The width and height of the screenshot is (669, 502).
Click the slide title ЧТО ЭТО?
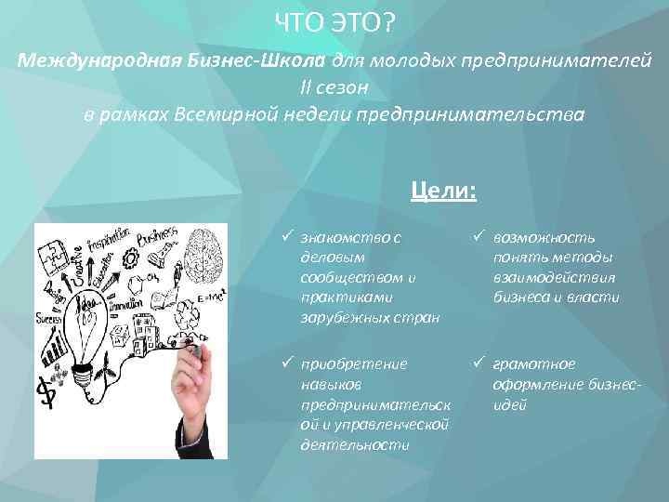click(334, 21)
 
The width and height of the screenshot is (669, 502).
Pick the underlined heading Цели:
click(443, 191)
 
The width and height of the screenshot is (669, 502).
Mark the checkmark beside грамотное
click(480, 363)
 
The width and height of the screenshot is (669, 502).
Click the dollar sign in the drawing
click(44, 391)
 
